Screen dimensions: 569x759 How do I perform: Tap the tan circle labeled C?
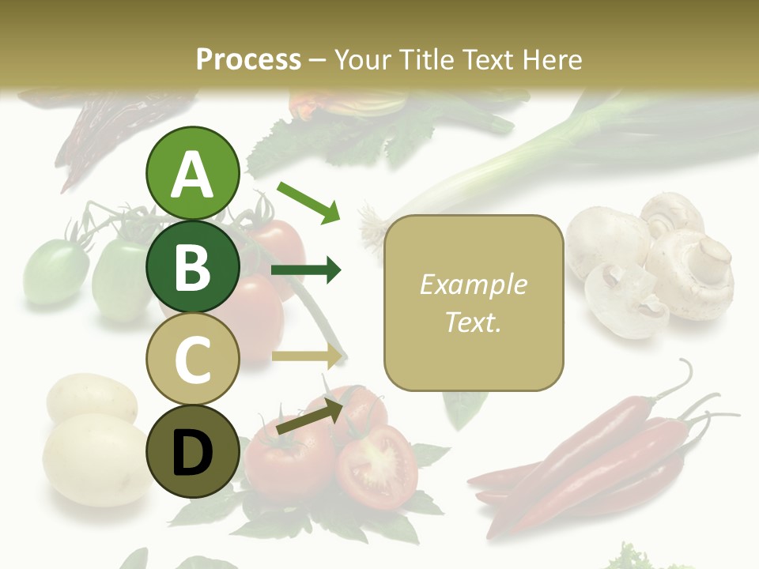pyautogui.click(x=192, y=359)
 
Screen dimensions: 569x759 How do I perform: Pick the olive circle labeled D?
pyautogui.click(x=192, y=451)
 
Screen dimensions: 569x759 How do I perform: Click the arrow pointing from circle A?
pyautogui.click(x=308, y=201)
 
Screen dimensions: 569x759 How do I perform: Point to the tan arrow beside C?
pyautogui.click(x=307, y=356)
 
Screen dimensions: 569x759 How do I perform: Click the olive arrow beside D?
pyautogui.click(x=308, y=416)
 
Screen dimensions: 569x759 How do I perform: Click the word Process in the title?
pyautogui.click(x=248, y=59)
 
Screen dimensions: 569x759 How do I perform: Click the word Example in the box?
pyautogui.click(x=473, y=284)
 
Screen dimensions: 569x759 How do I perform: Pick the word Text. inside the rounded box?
pyautogui.click(x=473, y=322)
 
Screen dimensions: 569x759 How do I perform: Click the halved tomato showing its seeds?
pyautogui.click(x=378, y=465)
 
